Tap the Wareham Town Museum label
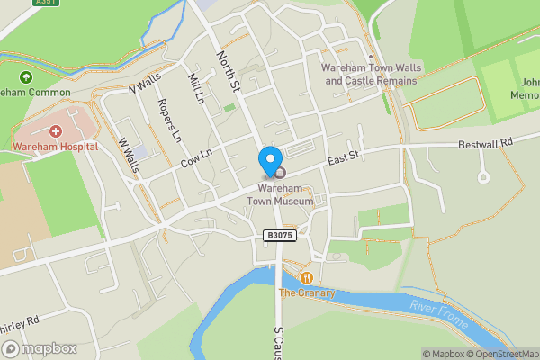[285, 195]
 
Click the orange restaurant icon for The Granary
[307, 278]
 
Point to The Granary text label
[306, 292]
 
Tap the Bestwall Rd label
[484, 143]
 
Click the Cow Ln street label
[195, 158]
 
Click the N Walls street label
[142, 87]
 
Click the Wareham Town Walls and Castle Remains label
[371, 74]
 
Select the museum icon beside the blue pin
[280, 173]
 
